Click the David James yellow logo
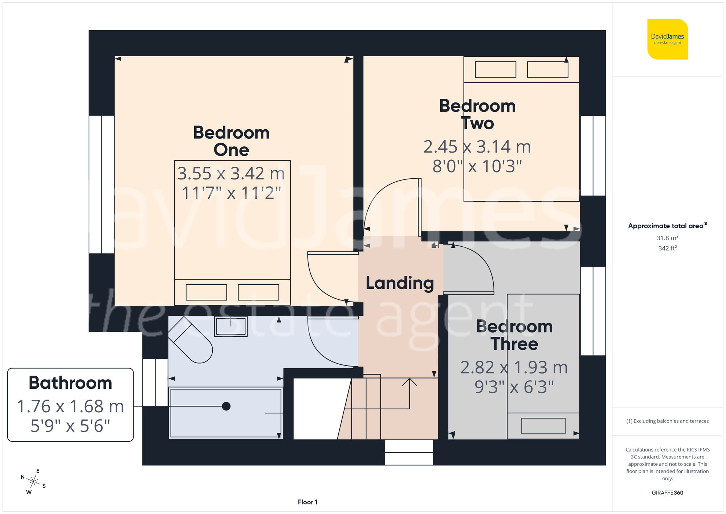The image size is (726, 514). (667, 39)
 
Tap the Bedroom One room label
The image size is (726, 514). (231, 141)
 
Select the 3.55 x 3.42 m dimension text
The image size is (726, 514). (231, 174)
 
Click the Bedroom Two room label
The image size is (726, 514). (477, 114)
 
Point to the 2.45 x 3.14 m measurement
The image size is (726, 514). (477, 147)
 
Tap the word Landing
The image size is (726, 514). (400, 283)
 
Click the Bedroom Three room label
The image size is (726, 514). (514, 335)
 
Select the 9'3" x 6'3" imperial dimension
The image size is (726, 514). (514, 387)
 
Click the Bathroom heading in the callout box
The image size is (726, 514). (70, 383)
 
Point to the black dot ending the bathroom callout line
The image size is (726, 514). (226, 406)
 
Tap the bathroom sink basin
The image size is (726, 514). (231, 326)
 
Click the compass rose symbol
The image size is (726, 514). (33, 482)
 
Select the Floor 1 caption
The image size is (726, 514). (307, 502)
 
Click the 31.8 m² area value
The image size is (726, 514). (667, 238)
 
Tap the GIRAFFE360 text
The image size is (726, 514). (667, 493)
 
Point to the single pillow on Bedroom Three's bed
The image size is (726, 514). (543, 426)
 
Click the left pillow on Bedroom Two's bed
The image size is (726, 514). (495, 69)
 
